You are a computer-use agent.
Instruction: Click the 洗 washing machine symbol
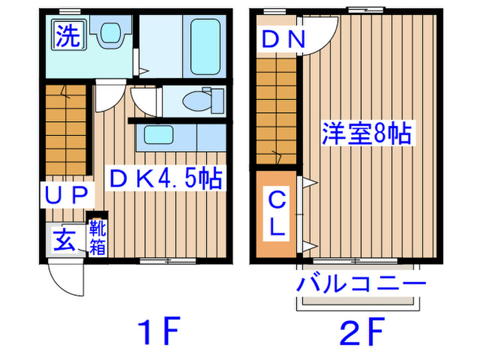67,35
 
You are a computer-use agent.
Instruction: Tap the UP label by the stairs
67,196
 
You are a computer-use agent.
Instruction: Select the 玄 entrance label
64,241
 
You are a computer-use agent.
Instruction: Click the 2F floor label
359,334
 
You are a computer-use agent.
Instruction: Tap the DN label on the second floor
282,40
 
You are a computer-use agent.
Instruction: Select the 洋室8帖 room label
368,132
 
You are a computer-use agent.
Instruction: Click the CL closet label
276,214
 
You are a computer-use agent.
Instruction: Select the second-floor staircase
277,110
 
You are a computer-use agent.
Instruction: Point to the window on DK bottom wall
167,261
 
